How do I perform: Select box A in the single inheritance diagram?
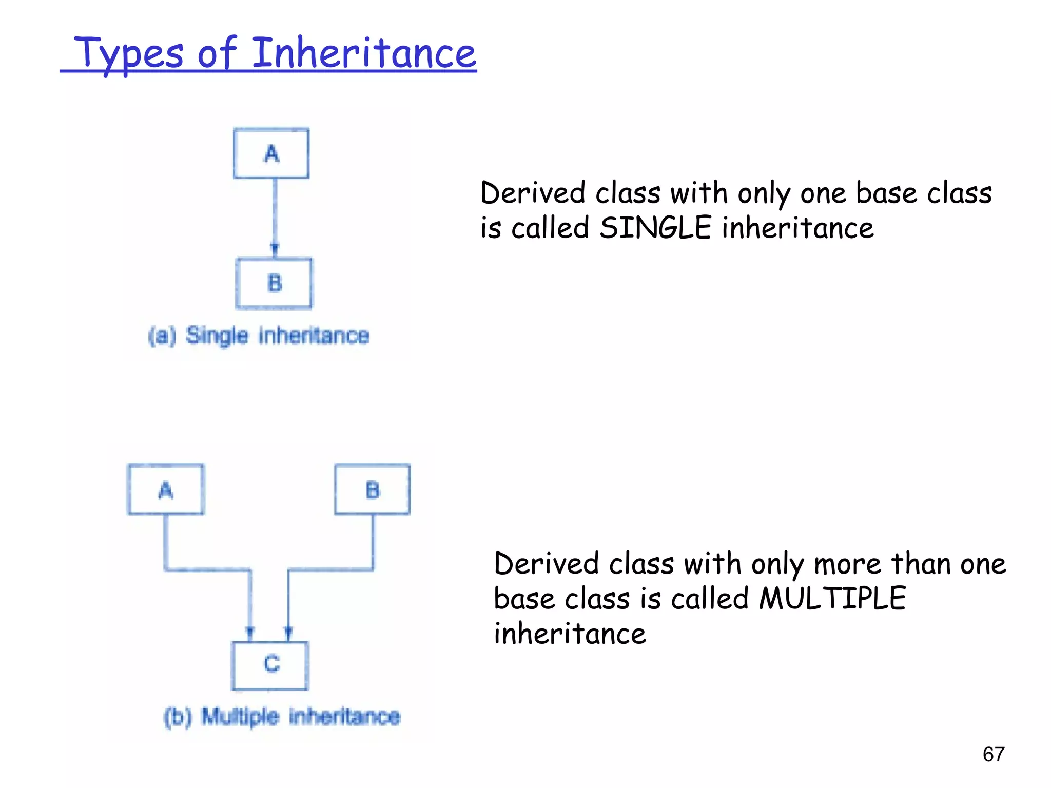point(271,153)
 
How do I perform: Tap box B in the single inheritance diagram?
point(274,283)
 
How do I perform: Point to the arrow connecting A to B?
point(275,215)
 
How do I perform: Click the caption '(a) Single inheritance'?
point(259,336)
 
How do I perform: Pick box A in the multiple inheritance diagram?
point(165,489)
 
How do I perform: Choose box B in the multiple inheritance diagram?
point(373,489)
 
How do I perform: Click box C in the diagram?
point(270,665)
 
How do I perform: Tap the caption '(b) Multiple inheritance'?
point(282,717)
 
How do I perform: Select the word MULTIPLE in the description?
point(832,598)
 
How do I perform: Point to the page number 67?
point(994,754)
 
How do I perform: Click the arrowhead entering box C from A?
point(250,632)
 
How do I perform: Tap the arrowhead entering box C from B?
point(288,632)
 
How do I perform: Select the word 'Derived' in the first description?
point(532,193)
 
